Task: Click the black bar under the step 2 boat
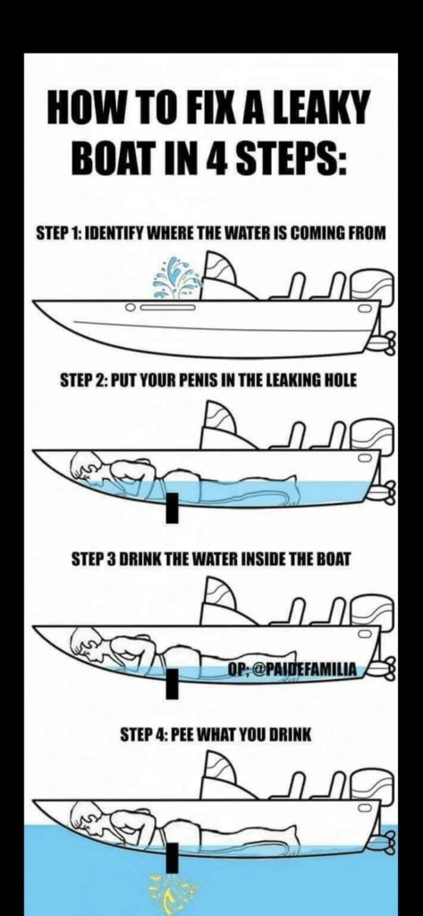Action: [x=172, y=508]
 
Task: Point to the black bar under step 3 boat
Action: [x=172, y=684]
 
